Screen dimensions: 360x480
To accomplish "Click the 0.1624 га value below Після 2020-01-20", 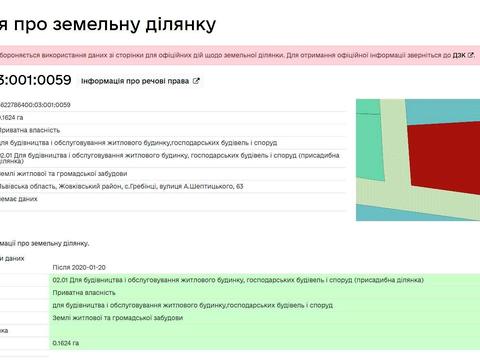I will coord(66,343).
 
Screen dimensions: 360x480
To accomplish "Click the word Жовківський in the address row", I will coord(84,186).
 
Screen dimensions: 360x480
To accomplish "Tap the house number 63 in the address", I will coord(239,186).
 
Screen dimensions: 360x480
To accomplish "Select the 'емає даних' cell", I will coord(19,199).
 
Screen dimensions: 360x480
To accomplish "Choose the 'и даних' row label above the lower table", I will coord(14,257).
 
